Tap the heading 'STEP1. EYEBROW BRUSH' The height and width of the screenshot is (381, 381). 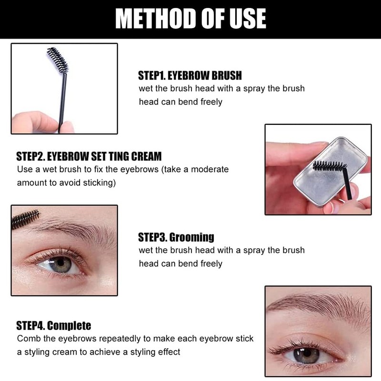190,76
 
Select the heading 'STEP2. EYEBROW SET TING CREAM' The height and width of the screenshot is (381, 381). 89,156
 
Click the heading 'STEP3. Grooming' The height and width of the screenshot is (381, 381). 176,237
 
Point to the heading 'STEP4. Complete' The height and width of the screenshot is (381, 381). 53,326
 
